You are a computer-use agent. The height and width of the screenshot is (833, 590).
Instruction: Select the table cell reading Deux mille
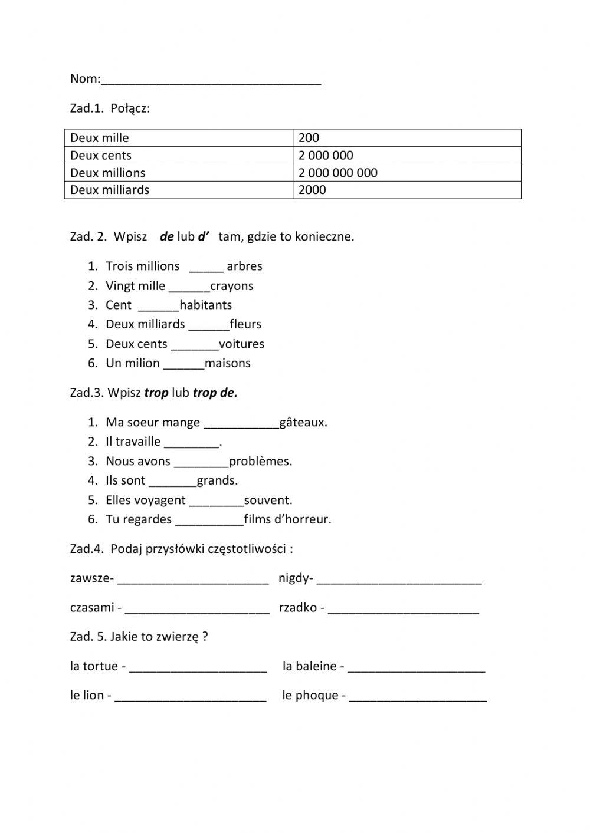(x=178, y=138)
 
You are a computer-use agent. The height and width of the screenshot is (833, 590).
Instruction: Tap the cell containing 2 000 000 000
(x=407, y=173)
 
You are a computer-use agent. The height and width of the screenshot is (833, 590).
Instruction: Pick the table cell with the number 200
(x=407, y=138)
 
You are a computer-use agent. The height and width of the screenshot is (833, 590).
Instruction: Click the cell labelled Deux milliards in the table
(x=178, y=190)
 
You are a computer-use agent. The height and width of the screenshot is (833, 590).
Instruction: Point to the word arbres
(x=244, y=266)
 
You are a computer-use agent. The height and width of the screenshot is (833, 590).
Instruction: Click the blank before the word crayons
(x=189, y=289)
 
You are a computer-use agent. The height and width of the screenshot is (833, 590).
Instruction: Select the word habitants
(x=206, y=305)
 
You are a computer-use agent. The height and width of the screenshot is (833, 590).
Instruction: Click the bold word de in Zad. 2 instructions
(x=167, y=237)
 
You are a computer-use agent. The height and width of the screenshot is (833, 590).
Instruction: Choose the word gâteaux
(x=303, y=423)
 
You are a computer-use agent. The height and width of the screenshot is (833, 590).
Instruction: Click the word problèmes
(x=260, y=462)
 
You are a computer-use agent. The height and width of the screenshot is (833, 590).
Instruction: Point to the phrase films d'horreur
(x=287, y=519)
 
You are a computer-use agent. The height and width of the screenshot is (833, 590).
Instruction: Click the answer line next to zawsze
(x=193, y=581)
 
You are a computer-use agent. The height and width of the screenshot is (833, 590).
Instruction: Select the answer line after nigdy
(x=399, y=581)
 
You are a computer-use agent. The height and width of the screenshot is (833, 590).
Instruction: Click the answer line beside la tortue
(x=198, y=670)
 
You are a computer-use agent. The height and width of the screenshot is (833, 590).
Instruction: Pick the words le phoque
(x=310, y=696)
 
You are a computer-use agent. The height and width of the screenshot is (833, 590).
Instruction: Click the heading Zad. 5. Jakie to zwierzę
(x=139, y=637)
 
